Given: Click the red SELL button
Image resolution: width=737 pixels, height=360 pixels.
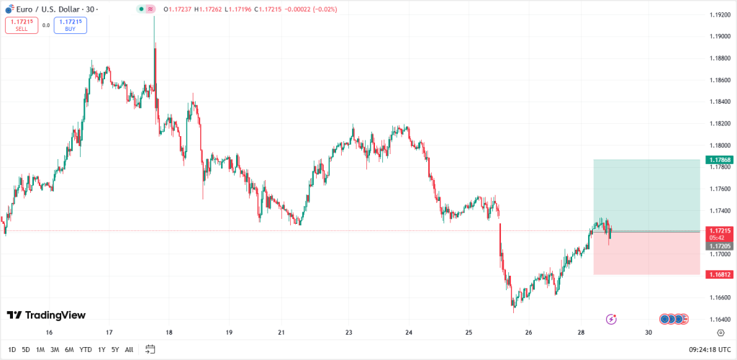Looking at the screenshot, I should pos(22,25).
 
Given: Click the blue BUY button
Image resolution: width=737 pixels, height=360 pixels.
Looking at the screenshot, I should pos(70,25).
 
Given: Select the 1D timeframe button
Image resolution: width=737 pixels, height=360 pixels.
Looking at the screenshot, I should pos(12,350).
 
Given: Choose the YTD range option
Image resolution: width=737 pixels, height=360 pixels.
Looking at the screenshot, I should pos(86,350).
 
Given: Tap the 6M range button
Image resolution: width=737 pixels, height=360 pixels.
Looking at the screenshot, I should pos(69,350).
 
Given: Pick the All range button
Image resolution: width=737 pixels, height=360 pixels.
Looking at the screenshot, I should pos(129,350).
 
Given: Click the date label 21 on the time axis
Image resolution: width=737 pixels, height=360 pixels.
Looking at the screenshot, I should pos(281,333).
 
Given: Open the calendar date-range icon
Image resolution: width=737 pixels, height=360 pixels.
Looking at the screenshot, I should pos(150,350).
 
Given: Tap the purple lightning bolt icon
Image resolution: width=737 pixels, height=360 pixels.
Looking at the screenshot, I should pos(611,318).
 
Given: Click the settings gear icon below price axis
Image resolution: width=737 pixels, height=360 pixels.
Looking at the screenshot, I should pos(720,333).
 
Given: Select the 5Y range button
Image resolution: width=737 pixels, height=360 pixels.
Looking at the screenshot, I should pos(115,350).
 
